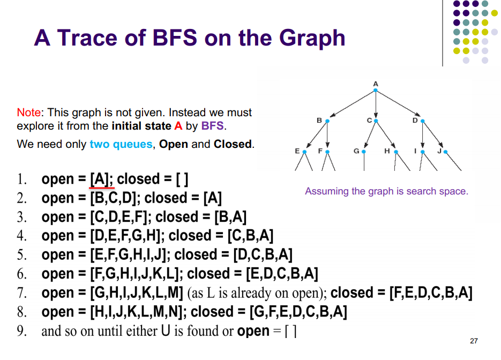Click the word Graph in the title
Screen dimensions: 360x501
click(312, 38)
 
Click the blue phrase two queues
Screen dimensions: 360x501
click(121, 144)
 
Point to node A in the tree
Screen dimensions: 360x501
click(376, 90)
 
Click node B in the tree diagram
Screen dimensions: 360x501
click(327, 121)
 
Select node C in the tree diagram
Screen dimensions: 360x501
click(376, 121)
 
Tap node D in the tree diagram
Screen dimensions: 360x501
click(422, 121)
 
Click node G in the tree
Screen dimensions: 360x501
click(364, 152)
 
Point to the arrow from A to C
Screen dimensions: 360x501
click(376, 106)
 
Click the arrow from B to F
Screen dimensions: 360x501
click(327, 137)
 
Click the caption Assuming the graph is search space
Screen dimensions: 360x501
click(386, 191)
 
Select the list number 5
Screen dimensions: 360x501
click(21, 255)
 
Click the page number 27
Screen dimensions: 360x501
click(473, 341)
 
